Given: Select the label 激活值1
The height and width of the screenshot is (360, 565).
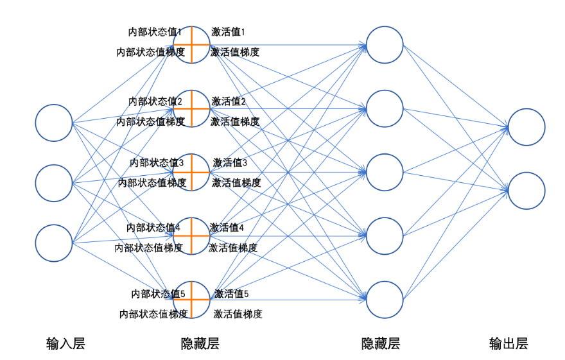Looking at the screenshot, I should tap(229, 31).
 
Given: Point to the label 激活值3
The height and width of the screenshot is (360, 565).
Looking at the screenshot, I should tap(230, 163).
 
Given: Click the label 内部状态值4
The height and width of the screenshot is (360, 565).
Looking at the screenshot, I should tap(153, 227).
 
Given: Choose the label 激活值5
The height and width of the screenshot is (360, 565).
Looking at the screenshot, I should tap(231, 294).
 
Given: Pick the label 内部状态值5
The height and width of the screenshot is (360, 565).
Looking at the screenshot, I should tap(158, 294).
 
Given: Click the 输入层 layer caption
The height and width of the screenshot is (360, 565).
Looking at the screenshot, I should tap(65, 343).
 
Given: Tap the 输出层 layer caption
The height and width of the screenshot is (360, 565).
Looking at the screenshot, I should tap(508, 343).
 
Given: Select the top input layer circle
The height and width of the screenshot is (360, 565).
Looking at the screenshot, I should tap(54, 122).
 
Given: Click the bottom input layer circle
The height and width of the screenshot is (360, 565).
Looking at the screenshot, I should tap(54, 244).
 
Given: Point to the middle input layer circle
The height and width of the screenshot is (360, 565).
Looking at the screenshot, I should tap(54, 183).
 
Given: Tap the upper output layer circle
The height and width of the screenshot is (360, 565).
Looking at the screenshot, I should tap(526, 127).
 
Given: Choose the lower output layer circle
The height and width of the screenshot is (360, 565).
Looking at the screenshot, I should tap(526, 191).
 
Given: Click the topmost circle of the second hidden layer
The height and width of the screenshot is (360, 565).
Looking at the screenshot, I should tap(385, 45).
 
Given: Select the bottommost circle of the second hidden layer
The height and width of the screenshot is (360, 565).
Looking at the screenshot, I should tap(385, 300).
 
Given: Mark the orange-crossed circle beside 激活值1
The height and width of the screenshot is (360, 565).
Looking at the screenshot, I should tap(191, 45).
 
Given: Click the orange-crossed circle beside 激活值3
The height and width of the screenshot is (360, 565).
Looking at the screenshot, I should tap(191, 172).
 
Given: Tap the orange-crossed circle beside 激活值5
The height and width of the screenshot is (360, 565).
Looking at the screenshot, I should tap(191, 300).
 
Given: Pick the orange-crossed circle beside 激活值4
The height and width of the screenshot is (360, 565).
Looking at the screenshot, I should tap(191, 236).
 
